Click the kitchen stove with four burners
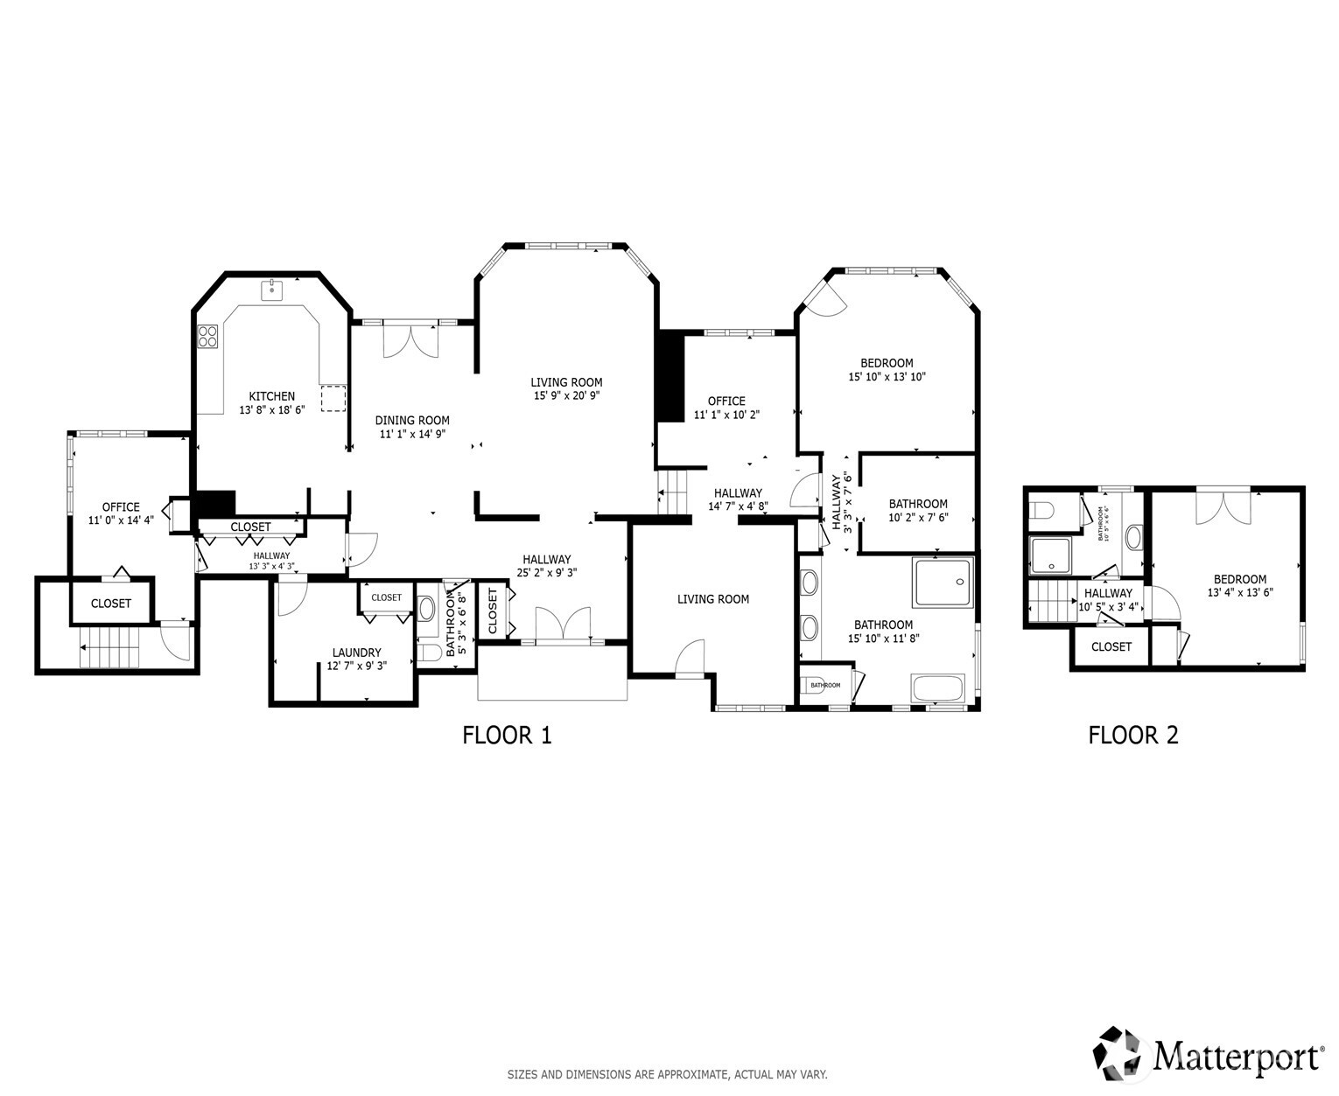point(207,337)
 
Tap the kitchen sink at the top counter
point(271,289)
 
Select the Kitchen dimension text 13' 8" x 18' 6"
point(271,409)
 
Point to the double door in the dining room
point(410,340)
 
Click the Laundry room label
point(356,653)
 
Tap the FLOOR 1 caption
point(507,736)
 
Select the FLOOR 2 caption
point(1132,736)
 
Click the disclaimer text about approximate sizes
point(667,1074)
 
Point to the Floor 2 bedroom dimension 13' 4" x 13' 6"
point(1239,592)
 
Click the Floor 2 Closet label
point(1111,647)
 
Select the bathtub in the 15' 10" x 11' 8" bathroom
point(938,688)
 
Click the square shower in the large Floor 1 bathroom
point(943,583)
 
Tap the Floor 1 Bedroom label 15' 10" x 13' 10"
point(886,363)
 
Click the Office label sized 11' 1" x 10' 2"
point(726,401)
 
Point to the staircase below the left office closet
point(110,648)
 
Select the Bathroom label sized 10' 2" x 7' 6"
point(918,504)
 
